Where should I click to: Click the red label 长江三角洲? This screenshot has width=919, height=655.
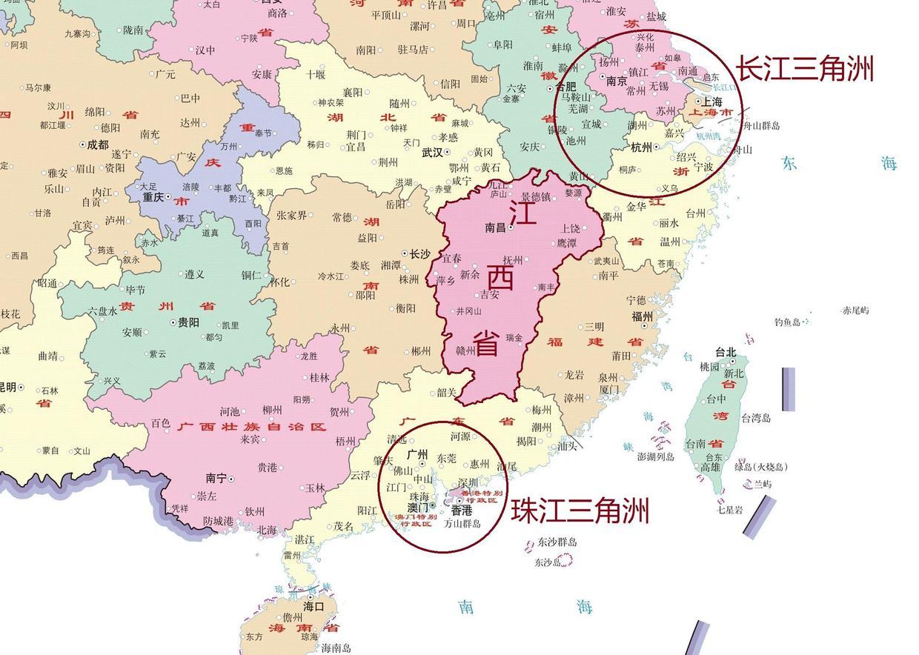(x=804, y=70)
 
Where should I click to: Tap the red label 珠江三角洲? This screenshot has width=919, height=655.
(x=580, y=511)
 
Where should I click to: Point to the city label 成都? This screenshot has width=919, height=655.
(x=97, y=145)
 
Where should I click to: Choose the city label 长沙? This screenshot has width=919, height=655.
(x=419, y=255)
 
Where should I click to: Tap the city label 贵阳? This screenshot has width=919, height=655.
(x=188, y=323)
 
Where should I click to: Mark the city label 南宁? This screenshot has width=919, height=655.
(x=216, y=479)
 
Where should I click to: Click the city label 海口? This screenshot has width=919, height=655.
(x=313, y=606)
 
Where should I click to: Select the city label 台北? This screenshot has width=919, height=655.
(x=726, y=353)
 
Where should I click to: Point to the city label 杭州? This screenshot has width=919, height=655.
(x=642, y=147)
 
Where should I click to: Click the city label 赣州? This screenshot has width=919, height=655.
(x=465, y=350)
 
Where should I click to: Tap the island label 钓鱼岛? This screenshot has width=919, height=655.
(x=787, y=322)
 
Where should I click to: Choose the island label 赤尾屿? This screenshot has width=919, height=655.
(x=855, y=310)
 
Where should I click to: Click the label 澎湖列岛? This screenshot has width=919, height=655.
(x=656, y=457)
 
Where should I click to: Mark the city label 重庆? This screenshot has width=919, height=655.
(x=153, y=198)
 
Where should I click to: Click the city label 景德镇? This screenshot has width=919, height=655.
(x=536, y=198)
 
